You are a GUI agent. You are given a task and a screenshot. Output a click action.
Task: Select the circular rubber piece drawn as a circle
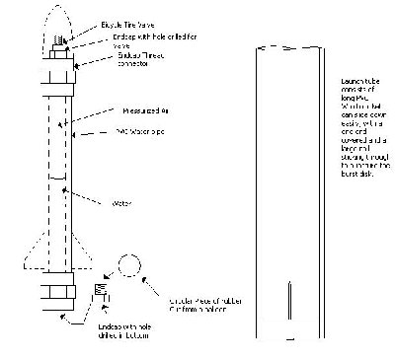130,266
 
